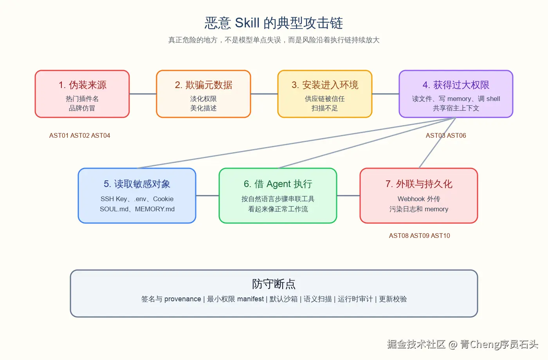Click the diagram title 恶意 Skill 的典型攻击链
(x=274, y=23)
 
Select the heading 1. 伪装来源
(x=82, y=85)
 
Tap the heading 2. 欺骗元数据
(x=204, y=85)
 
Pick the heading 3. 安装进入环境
(x=325, y=85)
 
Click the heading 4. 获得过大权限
(x=456, y=85)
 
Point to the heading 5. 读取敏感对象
(x=137, y=184)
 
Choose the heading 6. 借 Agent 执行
(x=278, y=184)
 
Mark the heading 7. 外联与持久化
(x=419, y=184)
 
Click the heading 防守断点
(x=274, y=284)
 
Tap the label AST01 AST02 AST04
(x=80, y=135)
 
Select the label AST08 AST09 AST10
(x=420, y=236)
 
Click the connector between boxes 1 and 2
(x=143, y=94)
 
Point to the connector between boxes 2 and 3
(x=264, y=94)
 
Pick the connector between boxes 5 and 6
(x=207, y=196)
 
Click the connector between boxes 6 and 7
(x=348, y=196)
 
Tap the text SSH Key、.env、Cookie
(x=137, y=199)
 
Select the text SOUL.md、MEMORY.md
(x=137, y=209)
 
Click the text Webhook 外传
(x=419, y=199)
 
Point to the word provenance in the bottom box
(x=182, y=299)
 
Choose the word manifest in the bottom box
(x=251, y=299)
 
